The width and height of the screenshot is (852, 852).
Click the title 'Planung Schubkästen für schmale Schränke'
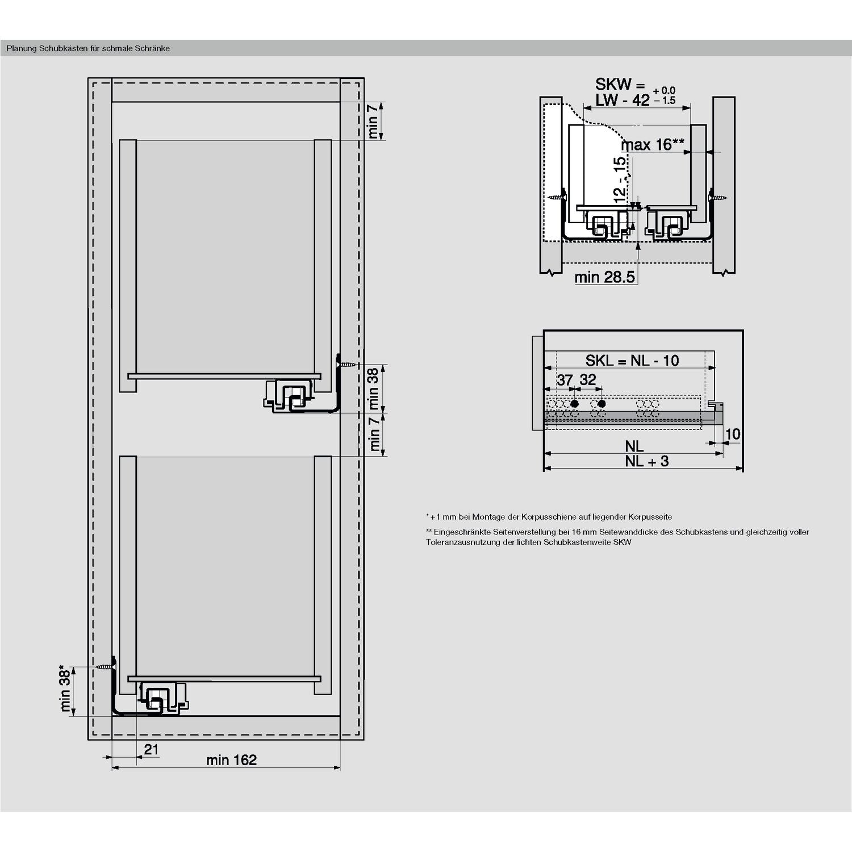coord(88,48)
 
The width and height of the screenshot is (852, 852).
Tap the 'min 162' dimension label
coord(231,759)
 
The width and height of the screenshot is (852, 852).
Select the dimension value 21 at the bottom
coord(151,749)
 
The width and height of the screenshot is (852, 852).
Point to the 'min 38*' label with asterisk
coord(65,688)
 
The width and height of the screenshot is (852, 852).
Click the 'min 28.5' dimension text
coord(604,277)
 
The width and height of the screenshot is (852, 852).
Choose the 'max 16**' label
coord(652,145)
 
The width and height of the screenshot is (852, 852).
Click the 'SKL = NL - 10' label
coord(632,361)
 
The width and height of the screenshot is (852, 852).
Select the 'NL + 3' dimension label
coord(647,461)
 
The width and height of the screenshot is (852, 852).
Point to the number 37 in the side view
coord(565,380)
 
